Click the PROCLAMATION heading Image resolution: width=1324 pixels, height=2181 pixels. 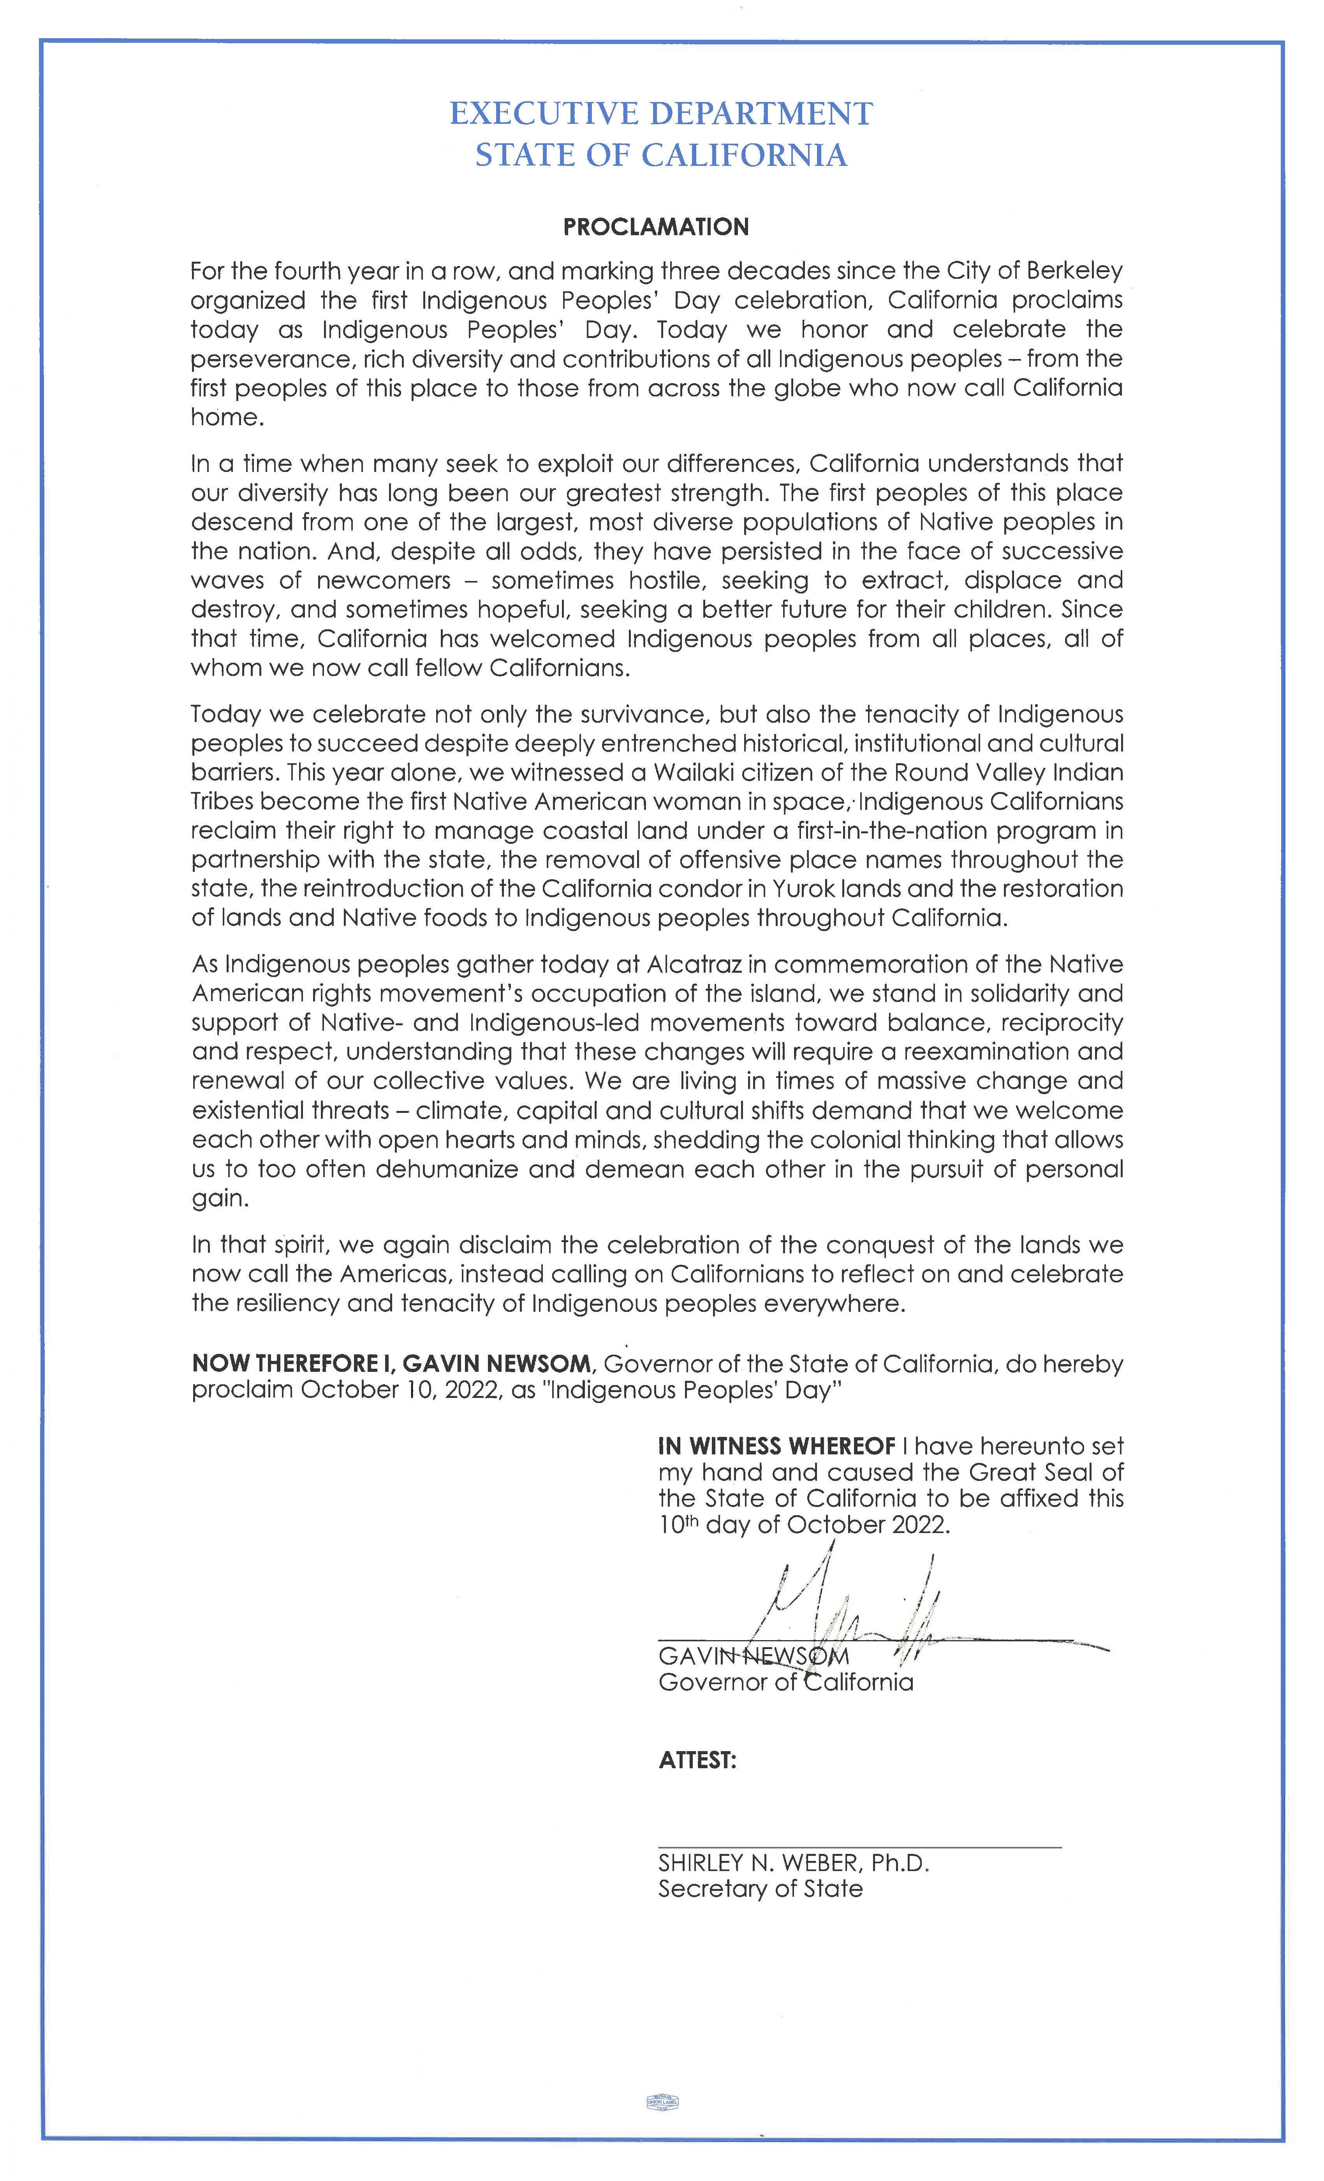[x=656, y=227]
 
